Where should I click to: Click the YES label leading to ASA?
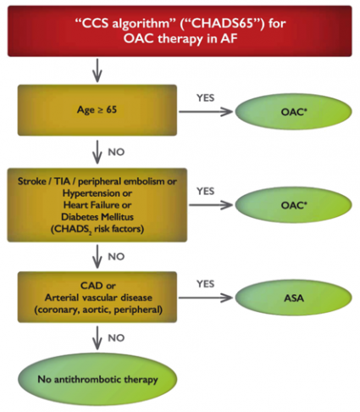(x=205, y=284)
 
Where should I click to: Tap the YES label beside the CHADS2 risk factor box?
(x=205, y=191)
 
